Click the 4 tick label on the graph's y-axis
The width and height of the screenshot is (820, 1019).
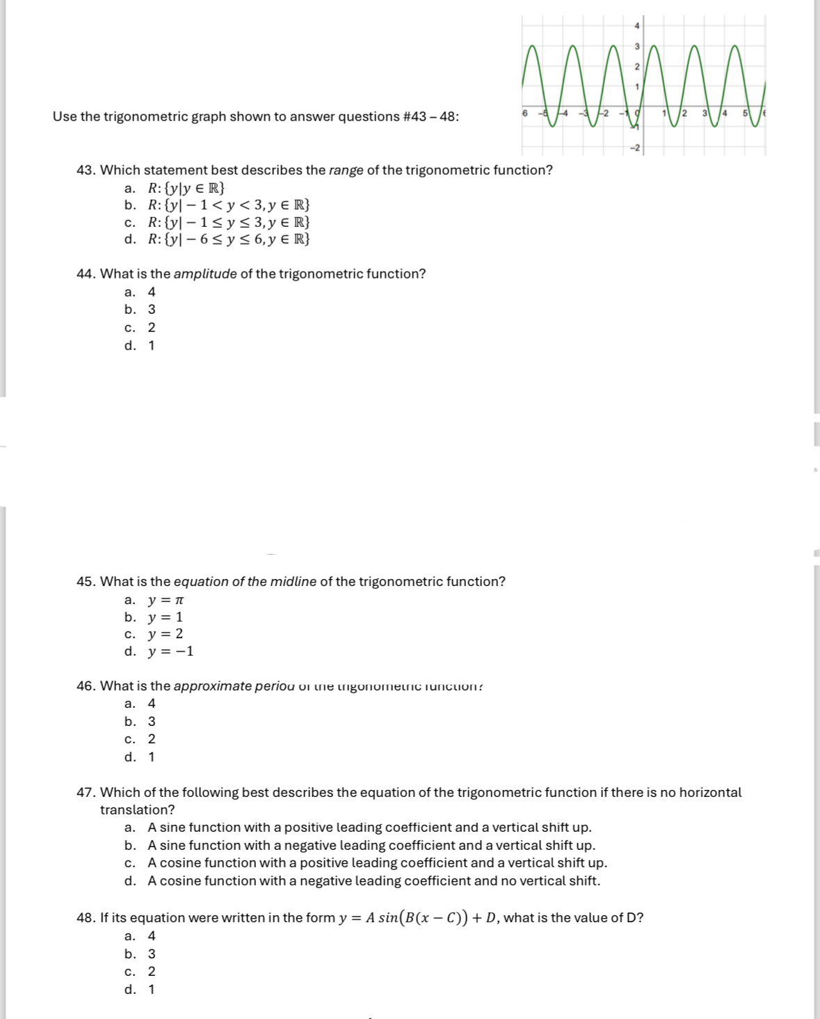point(636,25)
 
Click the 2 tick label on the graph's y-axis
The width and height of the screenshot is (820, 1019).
point(636,66)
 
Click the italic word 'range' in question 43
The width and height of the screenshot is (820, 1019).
point(346,171)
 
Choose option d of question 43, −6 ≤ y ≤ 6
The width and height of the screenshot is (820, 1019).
point(229,239)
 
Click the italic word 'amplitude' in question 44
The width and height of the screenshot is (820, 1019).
point(205,274)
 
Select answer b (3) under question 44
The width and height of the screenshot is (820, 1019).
point(152,310)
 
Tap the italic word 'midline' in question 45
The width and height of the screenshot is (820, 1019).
point(293,582)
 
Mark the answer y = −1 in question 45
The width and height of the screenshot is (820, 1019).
point(170,652)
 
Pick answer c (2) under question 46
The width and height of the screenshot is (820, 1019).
point(152,739)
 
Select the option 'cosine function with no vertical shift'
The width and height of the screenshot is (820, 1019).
point(373,881)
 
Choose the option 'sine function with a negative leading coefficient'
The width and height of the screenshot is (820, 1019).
point(371,846)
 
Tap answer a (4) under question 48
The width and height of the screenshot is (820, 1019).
point(152,936)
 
